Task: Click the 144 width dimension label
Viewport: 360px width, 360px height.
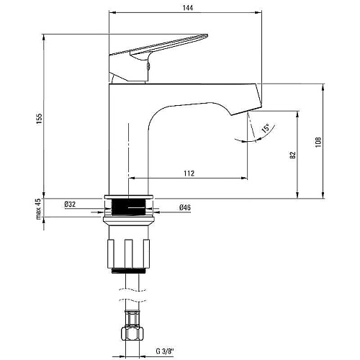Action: click(x=188, y=8)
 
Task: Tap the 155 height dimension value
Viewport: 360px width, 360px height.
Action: click(x=39, y=119)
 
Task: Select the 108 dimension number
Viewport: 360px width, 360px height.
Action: click(x=318, y=142)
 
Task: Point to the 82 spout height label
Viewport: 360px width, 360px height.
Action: click(x=292, y=155)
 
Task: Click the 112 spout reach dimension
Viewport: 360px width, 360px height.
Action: click(x=189, y=173)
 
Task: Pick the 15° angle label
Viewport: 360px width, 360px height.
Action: click(x=266, y=128)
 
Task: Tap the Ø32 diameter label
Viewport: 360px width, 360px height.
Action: click(x=70, y=204)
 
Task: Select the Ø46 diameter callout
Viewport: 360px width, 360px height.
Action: click(x=185, y=207)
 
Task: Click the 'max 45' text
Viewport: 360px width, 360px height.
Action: click(x=38, y=209)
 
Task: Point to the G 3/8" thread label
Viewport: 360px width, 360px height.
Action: click(x=165, y=351)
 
